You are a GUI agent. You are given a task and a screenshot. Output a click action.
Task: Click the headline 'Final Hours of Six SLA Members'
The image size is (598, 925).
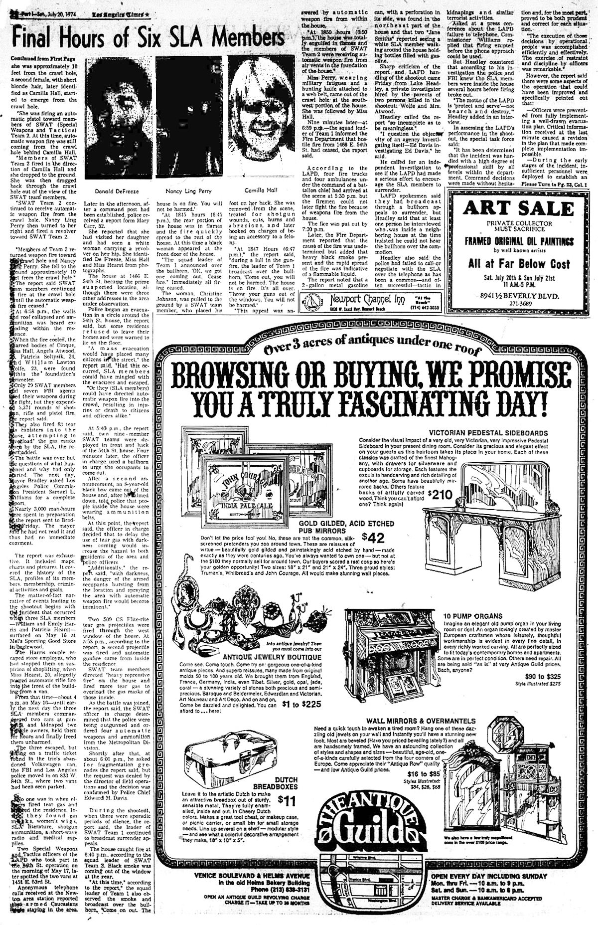(x=145, y=36)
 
